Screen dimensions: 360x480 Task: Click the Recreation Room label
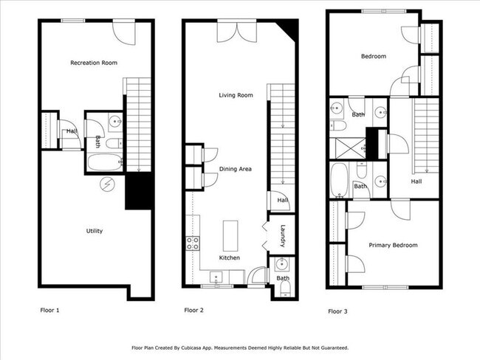point(93,63)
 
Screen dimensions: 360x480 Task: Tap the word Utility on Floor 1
point(94,231)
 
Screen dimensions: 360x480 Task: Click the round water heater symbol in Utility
point(108,184)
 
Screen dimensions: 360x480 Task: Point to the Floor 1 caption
point(49,311)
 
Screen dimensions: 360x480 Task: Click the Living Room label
point(236,95)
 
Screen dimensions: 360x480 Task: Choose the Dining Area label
point(236,169)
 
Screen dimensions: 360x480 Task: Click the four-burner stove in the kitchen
point(193,243)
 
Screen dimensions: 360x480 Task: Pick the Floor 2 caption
point(193,311)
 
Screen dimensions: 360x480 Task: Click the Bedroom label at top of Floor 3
point(373,56)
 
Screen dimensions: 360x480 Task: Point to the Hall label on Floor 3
point(416,181)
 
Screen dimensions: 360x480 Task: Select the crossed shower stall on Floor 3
point(348,143)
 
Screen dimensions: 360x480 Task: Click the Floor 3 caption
point(337,312)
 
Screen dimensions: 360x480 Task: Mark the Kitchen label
point(229,257)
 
